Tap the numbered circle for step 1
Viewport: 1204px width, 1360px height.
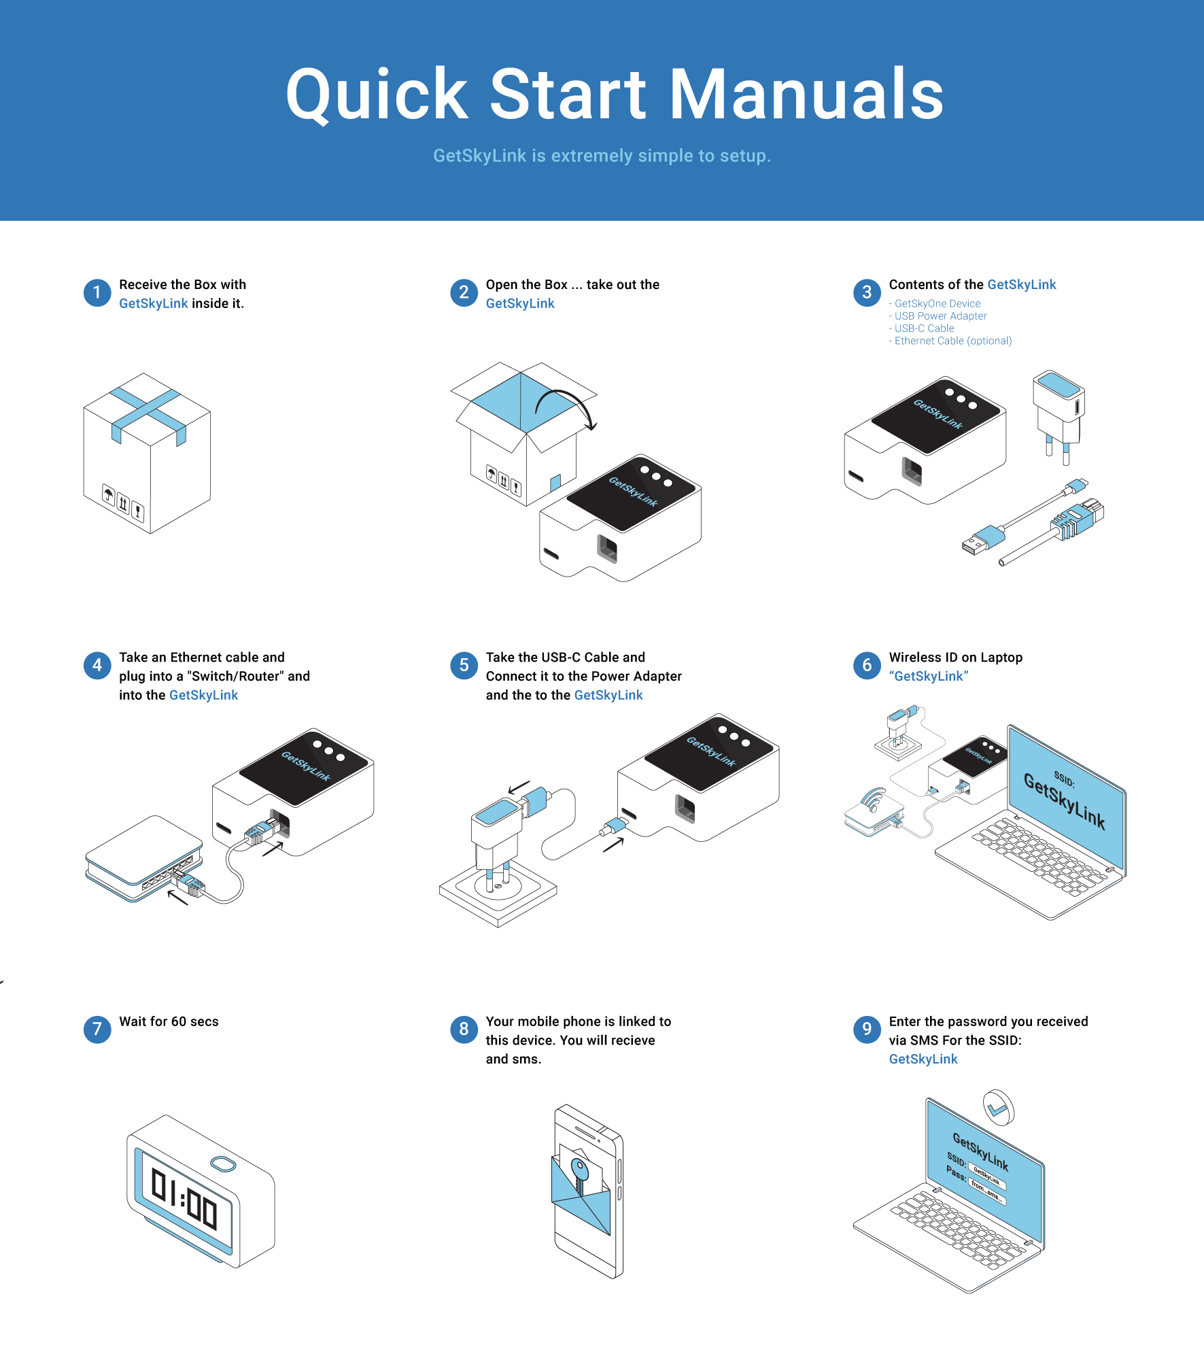(x=97, y=293)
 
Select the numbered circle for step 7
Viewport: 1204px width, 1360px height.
(x=97, y=1030)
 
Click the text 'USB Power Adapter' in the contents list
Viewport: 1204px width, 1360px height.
(x=940, y=316)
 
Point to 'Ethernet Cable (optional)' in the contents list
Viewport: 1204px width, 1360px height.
(x=952, y=341)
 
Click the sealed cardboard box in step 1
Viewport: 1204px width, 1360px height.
(x=147, y=452)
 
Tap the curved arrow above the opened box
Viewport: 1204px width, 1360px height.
(x=566, y=405)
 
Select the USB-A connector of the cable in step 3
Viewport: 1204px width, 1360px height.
(x=978, y=543)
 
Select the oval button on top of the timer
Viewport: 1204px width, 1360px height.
(x=223, y=1164)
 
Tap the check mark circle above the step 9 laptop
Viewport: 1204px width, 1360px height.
(x=999, y=1108)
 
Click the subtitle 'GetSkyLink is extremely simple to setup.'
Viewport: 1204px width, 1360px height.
(x=602, y=156)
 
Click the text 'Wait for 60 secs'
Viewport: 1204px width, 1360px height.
(x=169, y=1021)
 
